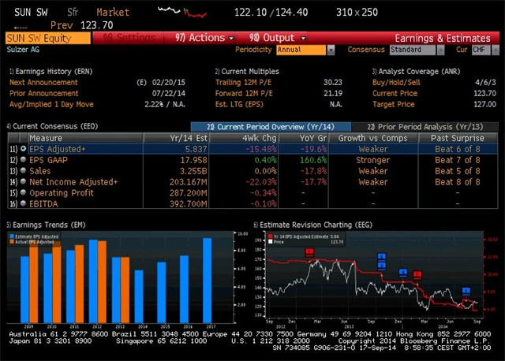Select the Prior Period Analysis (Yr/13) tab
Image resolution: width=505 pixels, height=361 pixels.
(x=427, y=126)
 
